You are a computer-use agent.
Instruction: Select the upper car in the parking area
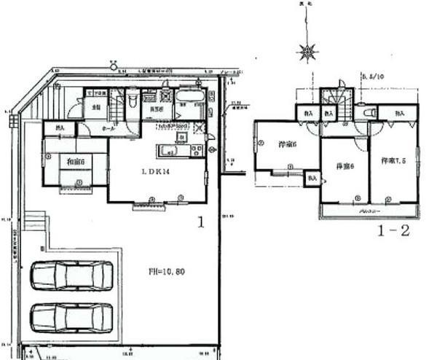[x=71, y=276]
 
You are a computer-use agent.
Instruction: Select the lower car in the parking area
[x=71, y=318]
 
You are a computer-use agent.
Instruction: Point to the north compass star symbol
[x=307, y=51]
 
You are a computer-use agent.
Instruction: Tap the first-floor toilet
[x=133, y=103]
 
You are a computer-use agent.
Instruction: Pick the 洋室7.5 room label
[x=392, y=159]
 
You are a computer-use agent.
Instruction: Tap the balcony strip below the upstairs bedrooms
[x=369, y=211]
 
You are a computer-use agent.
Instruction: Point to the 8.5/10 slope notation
[x=372, y=74]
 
